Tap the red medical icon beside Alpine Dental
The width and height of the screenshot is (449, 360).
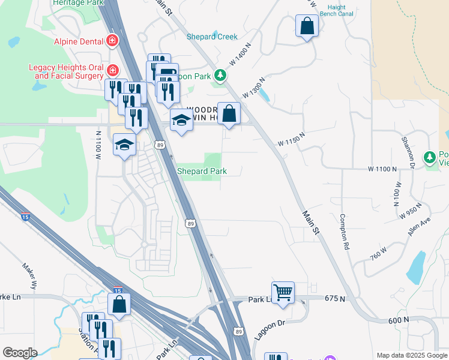(x=112, y=41)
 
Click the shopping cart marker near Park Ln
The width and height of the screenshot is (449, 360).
(x=283, y=292)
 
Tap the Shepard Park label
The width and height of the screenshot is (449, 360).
(x=202, y=171)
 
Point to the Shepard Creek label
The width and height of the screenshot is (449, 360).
(x=212, y=37)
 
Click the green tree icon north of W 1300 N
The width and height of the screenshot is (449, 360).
(x=221, y=75)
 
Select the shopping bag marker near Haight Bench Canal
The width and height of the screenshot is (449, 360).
(x=307, y=26)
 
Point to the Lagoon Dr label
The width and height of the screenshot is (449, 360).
(x=268, y=332)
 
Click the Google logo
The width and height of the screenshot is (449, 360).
(x=20, y=353)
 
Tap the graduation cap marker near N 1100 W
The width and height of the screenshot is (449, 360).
(x=124, y=145)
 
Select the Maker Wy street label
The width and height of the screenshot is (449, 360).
(x=29, y=273)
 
